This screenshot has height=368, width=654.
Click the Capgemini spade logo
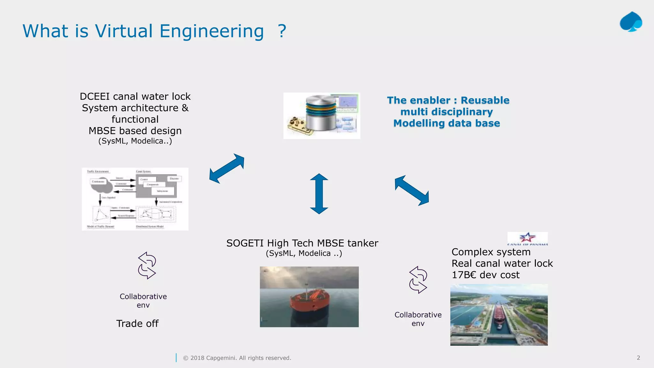[x=631, y=22]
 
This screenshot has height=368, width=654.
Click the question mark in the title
[x=282, y=31]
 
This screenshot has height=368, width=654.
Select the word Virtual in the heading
[x=124, y=31]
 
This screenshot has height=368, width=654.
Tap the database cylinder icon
[x=321, y=113]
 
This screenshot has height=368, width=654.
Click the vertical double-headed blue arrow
[x=319, y=194]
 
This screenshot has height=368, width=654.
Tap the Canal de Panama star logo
[x=527, y=238]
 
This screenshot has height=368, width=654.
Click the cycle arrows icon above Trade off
[x=147, y=265]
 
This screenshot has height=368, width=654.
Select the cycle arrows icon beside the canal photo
[x=418, y=280]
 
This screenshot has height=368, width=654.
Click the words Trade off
[x=137, y=324]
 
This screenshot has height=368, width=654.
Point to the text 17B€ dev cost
[x=485, y=275]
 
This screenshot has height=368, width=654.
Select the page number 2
[x=638, y=358]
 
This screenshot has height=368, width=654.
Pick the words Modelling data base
[x=446, y=123]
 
